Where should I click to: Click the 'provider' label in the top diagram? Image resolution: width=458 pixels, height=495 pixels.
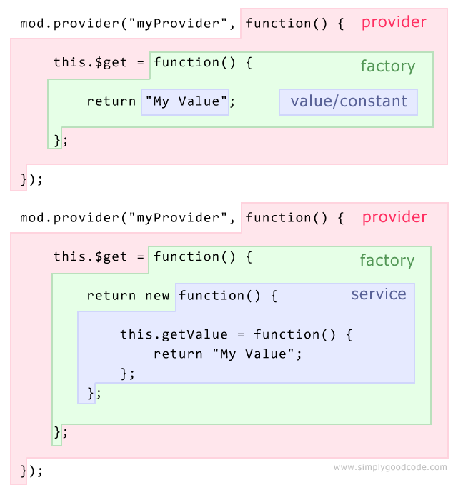tap(394, 22)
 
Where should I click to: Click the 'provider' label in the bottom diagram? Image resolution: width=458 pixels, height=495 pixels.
tap(394, 217)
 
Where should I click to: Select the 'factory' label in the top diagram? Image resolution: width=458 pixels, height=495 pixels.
tap(387, 66)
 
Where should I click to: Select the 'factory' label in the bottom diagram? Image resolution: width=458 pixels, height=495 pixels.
tap(387, 261)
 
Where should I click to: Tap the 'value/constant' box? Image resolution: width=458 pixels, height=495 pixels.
tap(349, 101)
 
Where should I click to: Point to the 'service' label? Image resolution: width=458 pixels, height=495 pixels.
tap(378, 294)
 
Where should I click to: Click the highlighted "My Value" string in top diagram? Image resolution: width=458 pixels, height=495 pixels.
tap(186, 101)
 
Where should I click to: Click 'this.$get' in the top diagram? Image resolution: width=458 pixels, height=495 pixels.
tap(91, 62)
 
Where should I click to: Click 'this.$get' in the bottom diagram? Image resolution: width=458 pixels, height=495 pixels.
tap(91, 256)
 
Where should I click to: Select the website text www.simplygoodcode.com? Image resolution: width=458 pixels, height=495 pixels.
tap(390, 468)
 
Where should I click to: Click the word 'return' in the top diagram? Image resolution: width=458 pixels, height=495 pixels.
tap(111, 101)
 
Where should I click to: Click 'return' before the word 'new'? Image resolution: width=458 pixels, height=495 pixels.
tap(111, 296)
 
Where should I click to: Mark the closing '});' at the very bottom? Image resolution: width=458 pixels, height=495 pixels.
tap(31, 471)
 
